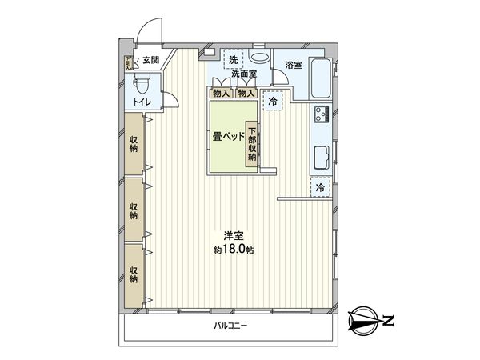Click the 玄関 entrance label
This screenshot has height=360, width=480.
tap(151, 60)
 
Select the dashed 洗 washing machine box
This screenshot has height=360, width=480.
tap(234, 60)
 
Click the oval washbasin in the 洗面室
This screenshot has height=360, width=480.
tap(260, 59)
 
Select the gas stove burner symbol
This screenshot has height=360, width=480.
tap(322, 114)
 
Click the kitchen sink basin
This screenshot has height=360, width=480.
tap(322, 156)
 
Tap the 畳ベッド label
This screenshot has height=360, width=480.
tap(228, 137)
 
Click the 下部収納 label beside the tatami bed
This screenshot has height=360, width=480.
tap(252, 144)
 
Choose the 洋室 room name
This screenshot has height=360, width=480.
tap(233, 237)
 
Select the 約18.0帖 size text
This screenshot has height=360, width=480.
tap(233, 250)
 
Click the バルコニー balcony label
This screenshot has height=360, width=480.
tap(230, 326)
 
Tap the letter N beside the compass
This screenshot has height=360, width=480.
tap(390, 322)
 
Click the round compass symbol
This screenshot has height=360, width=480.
tap(364, 322)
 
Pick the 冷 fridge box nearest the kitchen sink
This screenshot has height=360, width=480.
tap(320, 186)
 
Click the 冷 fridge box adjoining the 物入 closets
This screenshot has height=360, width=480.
tap(274, 102)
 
